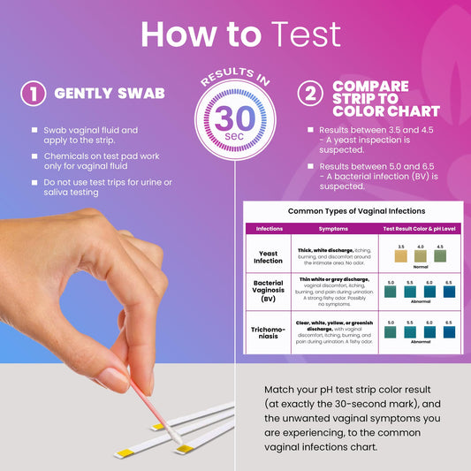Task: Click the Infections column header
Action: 269,228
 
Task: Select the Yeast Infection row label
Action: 269,256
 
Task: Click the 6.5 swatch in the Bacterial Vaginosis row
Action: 449,291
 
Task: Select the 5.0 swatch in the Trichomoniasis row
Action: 391,332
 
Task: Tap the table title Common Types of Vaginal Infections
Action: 356,211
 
